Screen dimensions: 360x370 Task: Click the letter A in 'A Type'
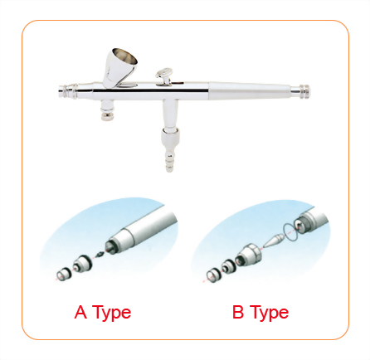tap(80, 313)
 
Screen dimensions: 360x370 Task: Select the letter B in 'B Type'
tap(237, 313)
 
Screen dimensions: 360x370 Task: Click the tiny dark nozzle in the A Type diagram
tap(101, 252)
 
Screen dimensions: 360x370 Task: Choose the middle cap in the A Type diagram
tap(80, 265)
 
